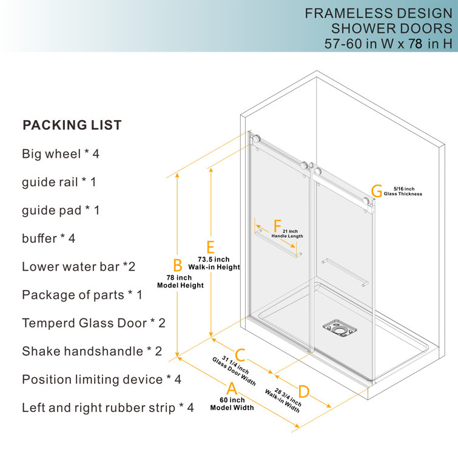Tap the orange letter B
(x=178, y=265)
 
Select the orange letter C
(x=240, y=354)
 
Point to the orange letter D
(x=304, y=392)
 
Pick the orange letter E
(x=210, y=247)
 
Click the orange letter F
(x=277, y=226)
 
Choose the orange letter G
(x=377, y=192)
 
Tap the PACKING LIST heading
(x=72, y=126)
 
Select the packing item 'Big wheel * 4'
(x=61, y=154)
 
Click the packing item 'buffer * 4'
(x=49, y=238)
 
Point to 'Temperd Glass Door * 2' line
(x=93, y=323)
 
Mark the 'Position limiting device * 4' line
(x=101, y=379)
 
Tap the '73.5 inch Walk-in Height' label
(x=214, y=263)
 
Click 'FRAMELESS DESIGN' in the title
(x=374, y=13)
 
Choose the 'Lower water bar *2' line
(x=78, y=266)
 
